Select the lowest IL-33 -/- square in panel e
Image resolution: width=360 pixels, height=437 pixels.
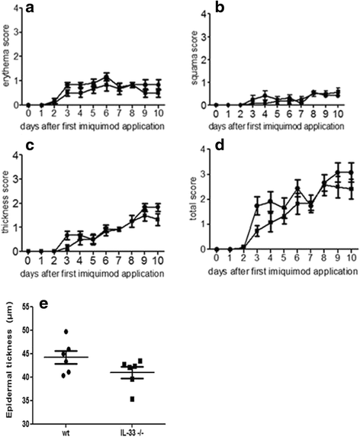tap(134, 399)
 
